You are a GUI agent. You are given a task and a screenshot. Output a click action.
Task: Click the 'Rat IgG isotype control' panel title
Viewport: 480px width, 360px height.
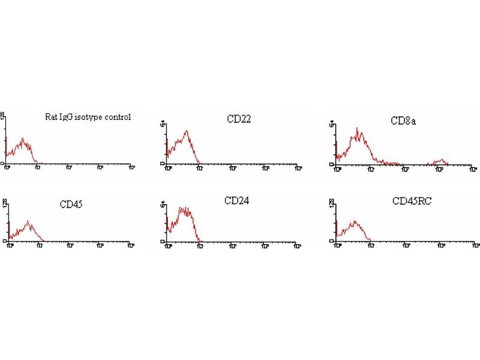[88, 117]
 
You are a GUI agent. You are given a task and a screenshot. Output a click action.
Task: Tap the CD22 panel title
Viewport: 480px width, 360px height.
[239, 119]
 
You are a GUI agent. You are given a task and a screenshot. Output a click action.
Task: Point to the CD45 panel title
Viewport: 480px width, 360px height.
[71, 205]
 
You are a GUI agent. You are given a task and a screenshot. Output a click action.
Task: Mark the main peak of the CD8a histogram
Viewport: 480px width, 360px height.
[357, 128]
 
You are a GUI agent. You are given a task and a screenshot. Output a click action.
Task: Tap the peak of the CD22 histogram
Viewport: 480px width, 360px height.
[187, 131]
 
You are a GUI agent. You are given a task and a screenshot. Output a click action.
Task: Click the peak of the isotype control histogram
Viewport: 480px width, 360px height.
[23, 139]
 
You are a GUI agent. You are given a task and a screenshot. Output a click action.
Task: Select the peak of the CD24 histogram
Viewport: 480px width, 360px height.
[183, 208]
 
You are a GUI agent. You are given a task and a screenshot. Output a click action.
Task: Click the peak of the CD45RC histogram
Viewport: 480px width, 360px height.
[355, 220]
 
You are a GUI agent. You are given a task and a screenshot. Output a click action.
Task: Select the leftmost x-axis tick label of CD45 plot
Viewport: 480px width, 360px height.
[8, 245]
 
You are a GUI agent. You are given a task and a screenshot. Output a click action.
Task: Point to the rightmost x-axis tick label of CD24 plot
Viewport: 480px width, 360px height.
[298, 245]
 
